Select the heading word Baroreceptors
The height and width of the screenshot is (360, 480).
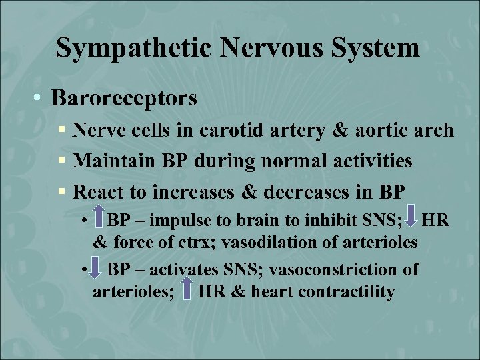click(124, 99)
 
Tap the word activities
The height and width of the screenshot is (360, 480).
click(365, 161)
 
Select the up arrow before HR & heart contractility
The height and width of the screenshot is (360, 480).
click(189, 291)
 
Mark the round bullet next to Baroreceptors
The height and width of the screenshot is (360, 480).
click(40, 99)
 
